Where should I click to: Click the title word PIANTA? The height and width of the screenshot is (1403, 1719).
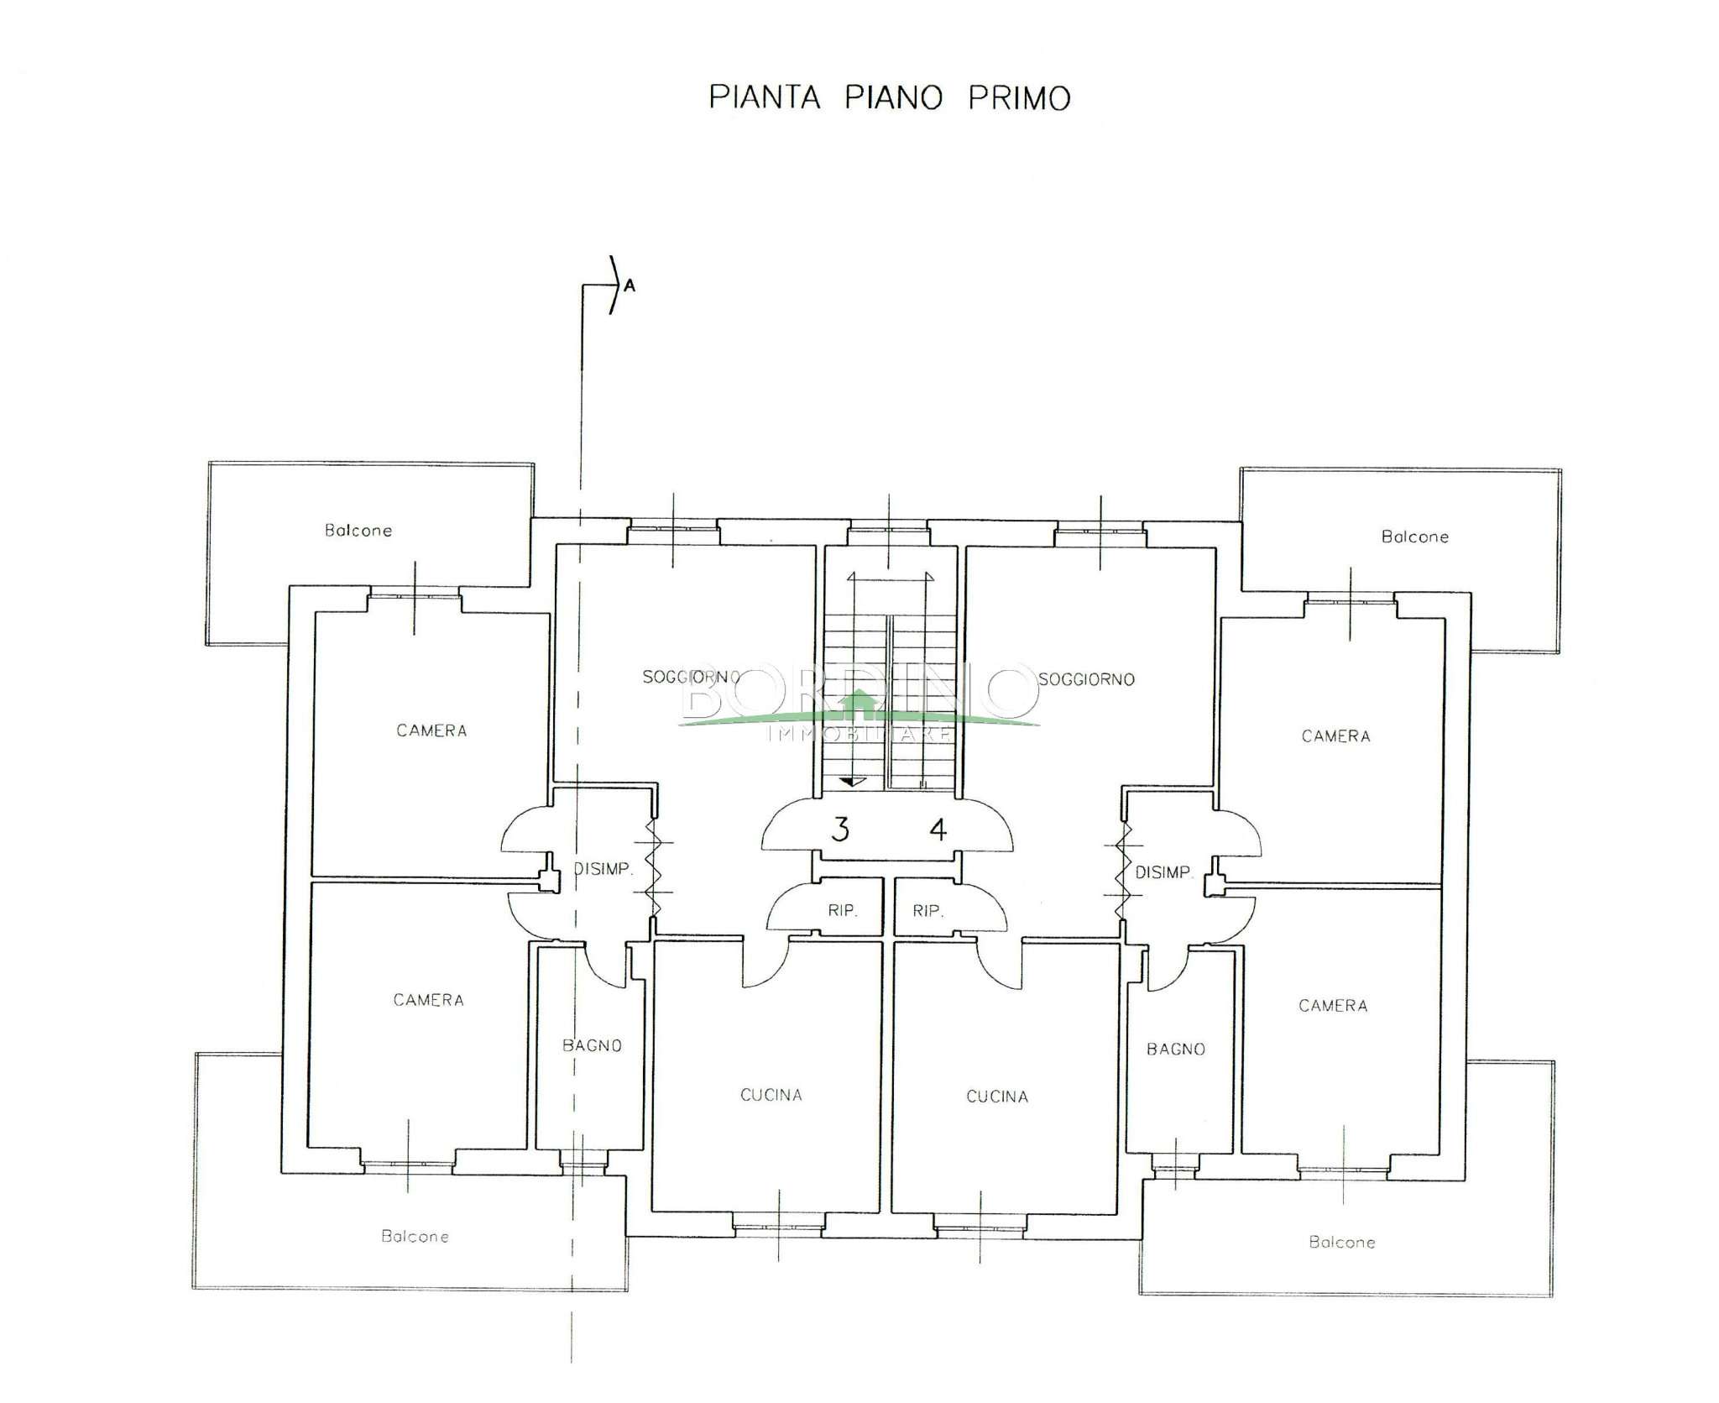point(765,97)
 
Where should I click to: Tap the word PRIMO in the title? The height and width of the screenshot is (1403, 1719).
point(1019,97)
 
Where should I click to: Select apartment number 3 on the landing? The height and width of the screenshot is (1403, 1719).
point(839,830)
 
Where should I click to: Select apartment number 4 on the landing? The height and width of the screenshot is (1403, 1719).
point(938,830)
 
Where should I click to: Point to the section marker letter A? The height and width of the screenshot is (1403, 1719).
point(630,287)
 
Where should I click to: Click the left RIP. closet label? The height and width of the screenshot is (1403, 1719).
point(842,910)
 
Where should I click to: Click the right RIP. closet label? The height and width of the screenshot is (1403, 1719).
point(927,910)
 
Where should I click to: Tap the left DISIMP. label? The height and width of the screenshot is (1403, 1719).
point(603,869)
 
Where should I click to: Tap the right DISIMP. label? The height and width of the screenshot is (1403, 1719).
point(1163,872)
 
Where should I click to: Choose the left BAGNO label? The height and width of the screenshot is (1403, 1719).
point(592,1045)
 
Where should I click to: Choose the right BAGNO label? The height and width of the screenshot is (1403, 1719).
point(1175,1049)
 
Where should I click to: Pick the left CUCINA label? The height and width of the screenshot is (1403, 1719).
point(771,1095)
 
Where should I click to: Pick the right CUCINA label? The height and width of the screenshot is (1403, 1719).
point(997,1097)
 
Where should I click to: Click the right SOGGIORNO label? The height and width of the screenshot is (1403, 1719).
point(1086,679)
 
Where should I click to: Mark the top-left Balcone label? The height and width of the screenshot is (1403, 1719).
point(358,531)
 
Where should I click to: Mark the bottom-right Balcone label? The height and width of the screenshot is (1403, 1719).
point(1342,1242)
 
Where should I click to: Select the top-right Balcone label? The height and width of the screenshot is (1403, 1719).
point(1415,537)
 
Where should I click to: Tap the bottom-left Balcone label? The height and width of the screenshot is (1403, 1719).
point(415,1236)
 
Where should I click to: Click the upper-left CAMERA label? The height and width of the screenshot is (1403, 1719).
point(431,730)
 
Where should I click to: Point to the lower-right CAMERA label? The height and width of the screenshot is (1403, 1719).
point(1333,1005)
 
